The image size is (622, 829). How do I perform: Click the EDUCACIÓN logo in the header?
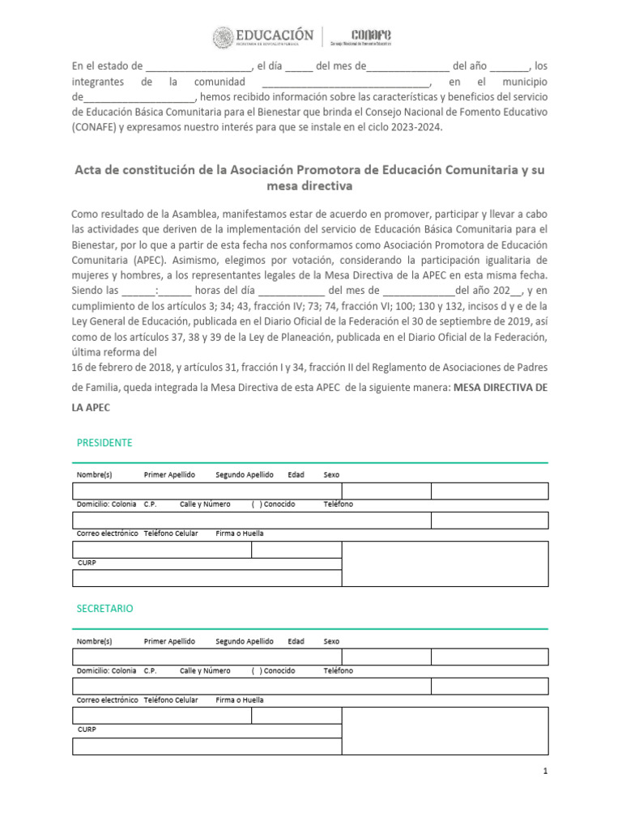(263, 37)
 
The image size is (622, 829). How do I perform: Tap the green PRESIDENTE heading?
(104, 443)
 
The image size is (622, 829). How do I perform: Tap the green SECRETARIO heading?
(104, 608)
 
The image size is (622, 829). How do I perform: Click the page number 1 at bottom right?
(546, 772)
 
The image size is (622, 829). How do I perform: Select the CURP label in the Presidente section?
(86, 563)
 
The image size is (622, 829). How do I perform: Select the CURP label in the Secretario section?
(86, 729)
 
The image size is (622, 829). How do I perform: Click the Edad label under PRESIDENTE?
(296, 474)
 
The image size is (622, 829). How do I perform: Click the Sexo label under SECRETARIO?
(331, 640)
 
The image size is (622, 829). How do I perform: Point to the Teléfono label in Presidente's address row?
(339, 504)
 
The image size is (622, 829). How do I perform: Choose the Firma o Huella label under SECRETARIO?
(239, 699)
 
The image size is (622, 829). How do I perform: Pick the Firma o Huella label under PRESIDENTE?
(239, 534)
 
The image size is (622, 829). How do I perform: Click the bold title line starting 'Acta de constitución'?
(310, 170)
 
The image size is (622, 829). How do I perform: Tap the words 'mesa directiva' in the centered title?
(309, 186)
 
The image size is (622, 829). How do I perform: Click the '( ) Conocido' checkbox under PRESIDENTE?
(273, 504)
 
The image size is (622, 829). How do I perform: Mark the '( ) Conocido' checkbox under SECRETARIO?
(273, 670)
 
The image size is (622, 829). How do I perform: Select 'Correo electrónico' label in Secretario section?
(107, 699)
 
